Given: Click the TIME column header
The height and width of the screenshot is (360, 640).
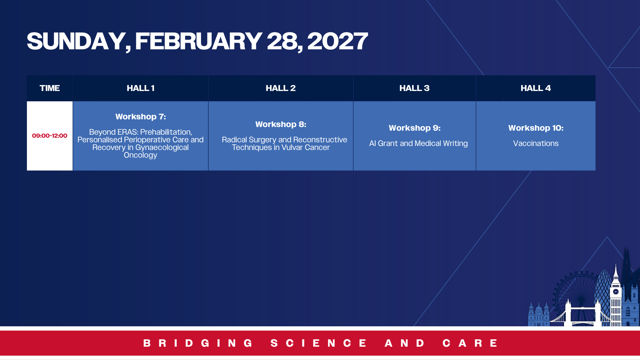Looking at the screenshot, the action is coord(50,88).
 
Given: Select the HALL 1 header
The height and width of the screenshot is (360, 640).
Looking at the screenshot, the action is coord(140,88).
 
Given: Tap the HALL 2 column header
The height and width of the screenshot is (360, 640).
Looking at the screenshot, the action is coord(281,88).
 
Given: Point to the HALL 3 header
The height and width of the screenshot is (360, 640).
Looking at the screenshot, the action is coord(414,88).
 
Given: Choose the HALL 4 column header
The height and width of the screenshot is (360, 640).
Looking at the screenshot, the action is coord(536,88).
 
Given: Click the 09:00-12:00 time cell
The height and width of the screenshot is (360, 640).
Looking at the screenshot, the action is coord(50,136).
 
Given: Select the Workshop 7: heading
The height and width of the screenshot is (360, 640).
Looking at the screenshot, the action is coord(141,117).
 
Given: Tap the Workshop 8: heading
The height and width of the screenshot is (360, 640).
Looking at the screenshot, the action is coord(281,124).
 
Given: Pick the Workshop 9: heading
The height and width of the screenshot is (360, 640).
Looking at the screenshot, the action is coord(415,128).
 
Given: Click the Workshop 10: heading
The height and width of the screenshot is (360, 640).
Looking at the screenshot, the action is coord(536,128).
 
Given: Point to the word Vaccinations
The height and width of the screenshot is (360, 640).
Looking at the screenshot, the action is coord(536,143).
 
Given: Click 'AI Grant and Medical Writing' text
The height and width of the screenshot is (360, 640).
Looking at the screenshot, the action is coord(418,143).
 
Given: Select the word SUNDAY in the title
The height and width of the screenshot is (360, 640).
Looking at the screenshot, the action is coord(76,41).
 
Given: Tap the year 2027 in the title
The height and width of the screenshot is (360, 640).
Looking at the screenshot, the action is coord(337,41).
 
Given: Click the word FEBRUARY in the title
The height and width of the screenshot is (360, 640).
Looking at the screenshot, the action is coord(199,41).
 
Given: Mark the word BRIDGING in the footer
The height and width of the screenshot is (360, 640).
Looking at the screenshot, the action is coord(198,343).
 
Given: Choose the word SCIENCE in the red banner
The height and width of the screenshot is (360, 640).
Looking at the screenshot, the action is coord(319,343).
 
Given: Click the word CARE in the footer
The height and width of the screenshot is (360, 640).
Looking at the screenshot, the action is coord(470,343).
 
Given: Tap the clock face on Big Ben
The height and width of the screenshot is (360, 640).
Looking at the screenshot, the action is coord(616,292).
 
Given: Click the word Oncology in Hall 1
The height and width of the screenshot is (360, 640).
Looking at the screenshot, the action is coord(140,155).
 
